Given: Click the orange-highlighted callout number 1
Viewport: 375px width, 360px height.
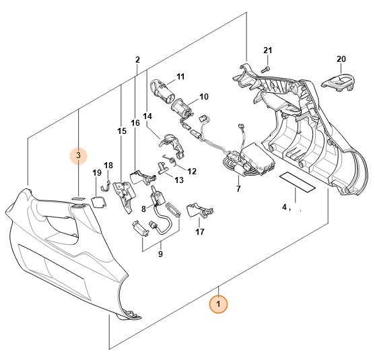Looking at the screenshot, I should point(218,305).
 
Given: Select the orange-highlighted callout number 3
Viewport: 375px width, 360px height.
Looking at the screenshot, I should point(79,156).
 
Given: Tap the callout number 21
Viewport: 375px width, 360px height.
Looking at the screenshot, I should point(267,52).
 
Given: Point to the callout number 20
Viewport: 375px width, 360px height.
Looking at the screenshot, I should point(341,59).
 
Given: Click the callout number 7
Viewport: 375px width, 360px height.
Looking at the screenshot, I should point(238,189).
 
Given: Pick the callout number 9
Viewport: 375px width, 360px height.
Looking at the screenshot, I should point(160,254).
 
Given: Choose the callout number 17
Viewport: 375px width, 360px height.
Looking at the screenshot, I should point(199,232).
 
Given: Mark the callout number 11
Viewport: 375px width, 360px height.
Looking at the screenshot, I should point(180,76).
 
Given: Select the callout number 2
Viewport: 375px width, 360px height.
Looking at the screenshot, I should point(137,60).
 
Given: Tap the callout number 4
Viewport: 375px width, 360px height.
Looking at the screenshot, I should point(284,207).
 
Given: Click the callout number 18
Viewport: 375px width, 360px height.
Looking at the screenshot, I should point(108,166).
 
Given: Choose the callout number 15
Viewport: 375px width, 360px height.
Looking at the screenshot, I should point(122,131).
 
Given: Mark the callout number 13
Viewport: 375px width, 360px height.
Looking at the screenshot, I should point(179,180).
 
